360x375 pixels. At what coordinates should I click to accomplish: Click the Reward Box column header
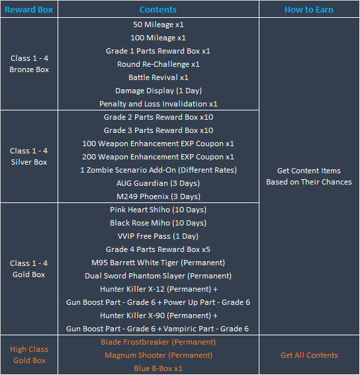coord(28,9)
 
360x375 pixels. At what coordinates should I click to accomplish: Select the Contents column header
coord(158,9)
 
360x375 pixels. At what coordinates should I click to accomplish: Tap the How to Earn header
coord(309,9)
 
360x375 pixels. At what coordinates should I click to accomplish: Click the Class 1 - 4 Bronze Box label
coord(29,64)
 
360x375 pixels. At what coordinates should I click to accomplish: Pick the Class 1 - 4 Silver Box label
coord(29,156)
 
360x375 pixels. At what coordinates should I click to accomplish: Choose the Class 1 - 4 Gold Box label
coord(28,269)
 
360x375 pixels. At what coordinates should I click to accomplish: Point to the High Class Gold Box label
coord(29,354)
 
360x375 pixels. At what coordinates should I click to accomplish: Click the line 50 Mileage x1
coord(158,24)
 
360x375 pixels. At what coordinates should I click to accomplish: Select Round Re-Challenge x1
coord(158,64)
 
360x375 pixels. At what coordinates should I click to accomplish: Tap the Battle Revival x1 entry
coord(158,77)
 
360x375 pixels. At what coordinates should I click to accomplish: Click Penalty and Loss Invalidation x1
coord(158,104)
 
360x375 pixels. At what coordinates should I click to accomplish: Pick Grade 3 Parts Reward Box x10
coord(158,130)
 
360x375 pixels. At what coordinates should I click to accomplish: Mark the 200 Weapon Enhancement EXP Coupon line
coord(158,157)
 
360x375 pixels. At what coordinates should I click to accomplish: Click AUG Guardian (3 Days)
coord(158,183)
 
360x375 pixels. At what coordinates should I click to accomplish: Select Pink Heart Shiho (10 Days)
coord(158,210)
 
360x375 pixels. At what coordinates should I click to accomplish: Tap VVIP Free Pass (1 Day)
coord(158,236)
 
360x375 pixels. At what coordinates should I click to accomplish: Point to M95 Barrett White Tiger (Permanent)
coord(158,263)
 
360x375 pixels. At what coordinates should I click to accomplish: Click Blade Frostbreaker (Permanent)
coord(158,342)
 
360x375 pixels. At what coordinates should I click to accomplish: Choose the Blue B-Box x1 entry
coord(158,368)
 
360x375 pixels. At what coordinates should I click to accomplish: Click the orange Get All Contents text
coord(309,355)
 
